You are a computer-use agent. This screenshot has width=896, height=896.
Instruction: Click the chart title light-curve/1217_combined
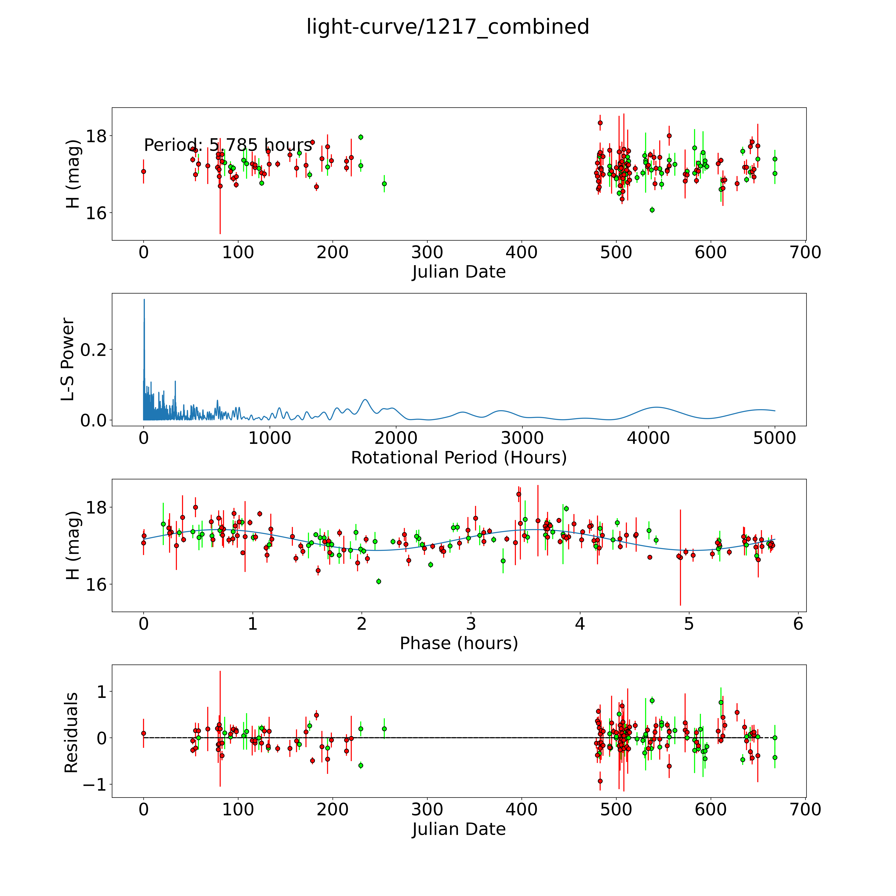tap(448, 27)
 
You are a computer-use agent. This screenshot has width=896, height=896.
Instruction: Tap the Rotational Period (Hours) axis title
tap(459, 458)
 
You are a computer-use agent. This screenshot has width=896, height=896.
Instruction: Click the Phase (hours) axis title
tap(459, 643)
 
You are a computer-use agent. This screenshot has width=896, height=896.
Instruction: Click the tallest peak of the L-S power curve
tap(144, 300)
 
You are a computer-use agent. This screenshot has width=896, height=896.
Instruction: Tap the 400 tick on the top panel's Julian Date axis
tap(522, 253)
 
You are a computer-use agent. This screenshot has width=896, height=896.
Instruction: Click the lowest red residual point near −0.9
tap(600, 781)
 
